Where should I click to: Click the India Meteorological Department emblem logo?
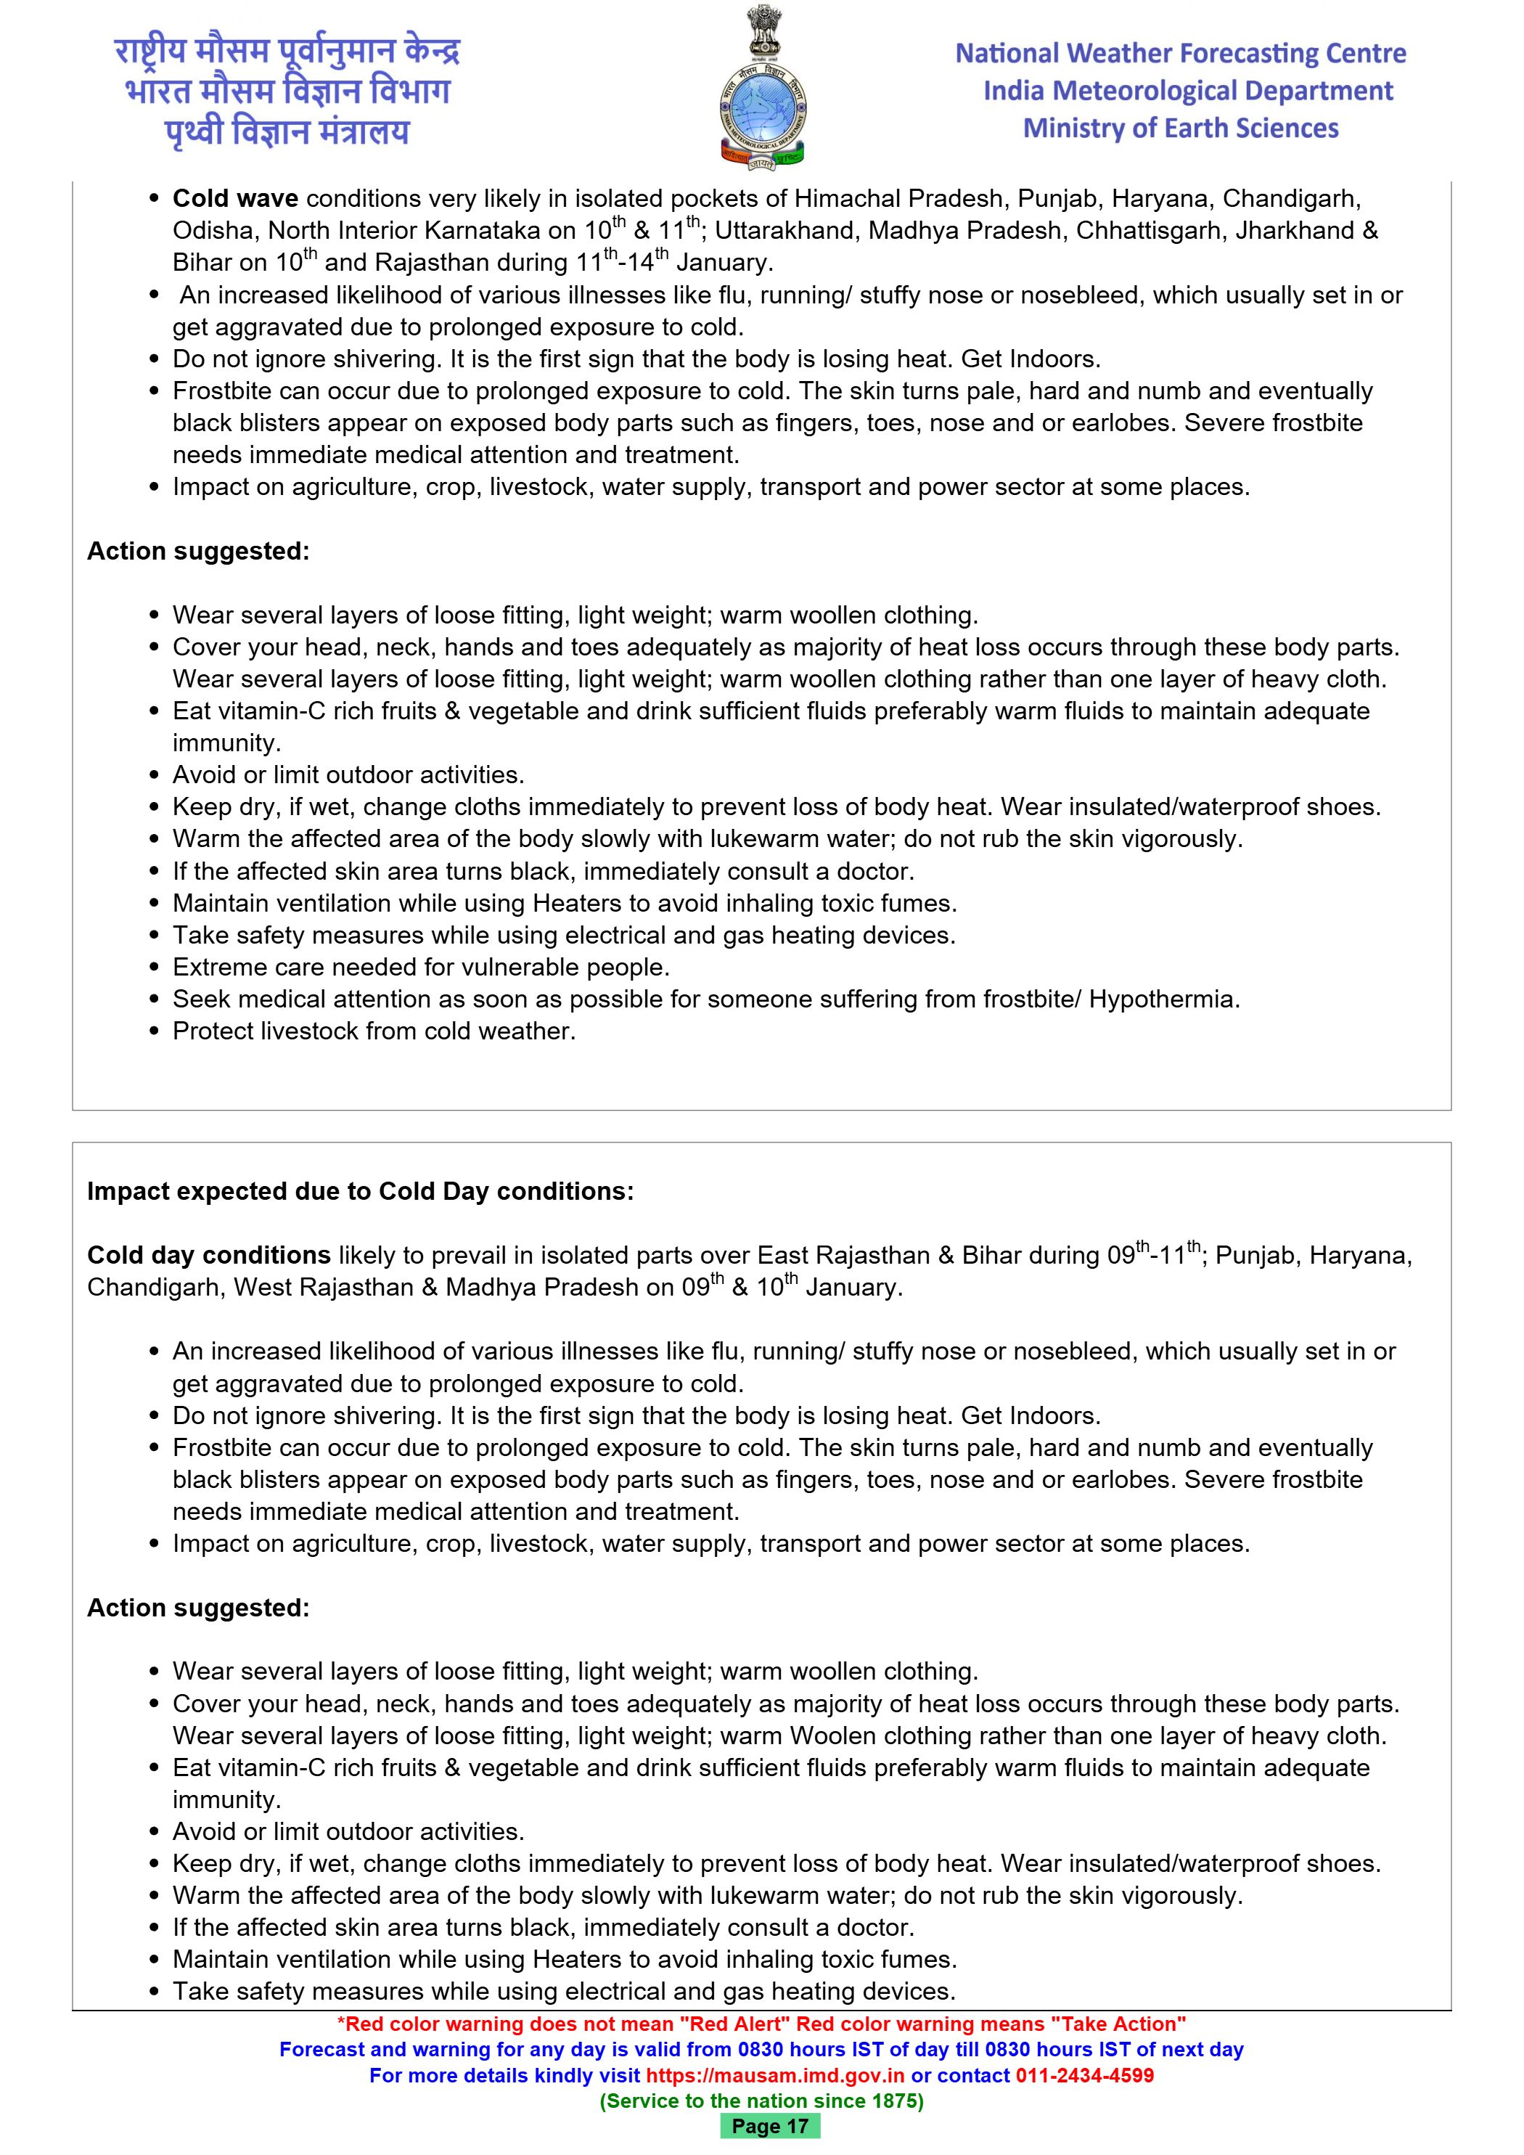[x=762, y=89]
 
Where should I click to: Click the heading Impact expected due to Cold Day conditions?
[x=361, y=1191]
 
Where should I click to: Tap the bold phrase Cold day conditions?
[x=208, y=1255]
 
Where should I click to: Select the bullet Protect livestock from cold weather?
[x=374, y=1031]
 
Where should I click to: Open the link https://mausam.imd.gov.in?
[x=774, y=2075]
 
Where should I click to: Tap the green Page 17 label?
[x=769, y=2127]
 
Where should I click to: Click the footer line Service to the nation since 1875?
[x=761, y=2101]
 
